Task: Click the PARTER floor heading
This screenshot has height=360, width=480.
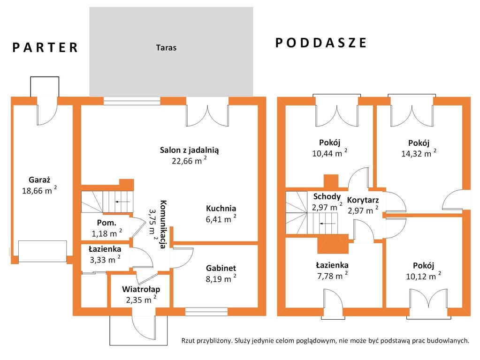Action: click(x=45, y=48)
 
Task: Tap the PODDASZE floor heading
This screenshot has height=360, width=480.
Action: click(x=321, y=43)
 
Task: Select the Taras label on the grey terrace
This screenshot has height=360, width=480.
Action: click(x=166, y=48)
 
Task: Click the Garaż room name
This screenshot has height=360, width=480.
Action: click(x=39, y=180)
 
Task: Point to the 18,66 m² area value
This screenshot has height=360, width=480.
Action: click(x=39, y=191)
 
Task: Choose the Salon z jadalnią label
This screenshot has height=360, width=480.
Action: click(x=189, y=150)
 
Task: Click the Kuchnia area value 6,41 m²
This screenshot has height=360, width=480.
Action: click(x=221, y=219)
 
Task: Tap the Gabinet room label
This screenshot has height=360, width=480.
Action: click(x=221, y=268)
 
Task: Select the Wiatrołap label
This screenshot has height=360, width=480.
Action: click(x=141, y=289)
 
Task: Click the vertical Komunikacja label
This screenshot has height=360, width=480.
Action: click(x=163, y=224)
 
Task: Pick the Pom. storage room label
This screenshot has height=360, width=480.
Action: click(x=107, y=223)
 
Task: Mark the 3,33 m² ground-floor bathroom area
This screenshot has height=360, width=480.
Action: click(x=105, y=259)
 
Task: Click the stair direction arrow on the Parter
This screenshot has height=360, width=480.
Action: click(x=122, y=202)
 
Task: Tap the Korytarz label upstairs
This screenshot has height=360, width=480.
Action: click(x=363, y=200)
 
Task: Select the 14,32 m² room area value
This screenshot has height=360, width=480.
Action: click(x=419, y=153)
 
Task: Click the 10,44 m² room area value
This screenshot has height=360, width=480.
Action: click(x=330, y=153)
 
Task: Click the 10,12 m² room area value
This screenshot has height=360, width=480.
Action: click(x=424, y=276)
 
